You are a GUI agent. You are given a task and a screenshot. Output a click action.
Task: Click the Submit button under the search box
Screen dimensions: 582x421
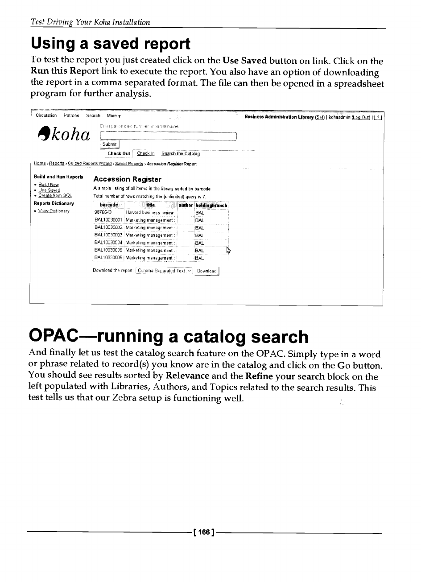109,144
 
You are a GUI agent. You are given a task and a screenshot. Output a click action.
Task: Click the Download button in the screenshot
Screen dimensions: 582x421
206,271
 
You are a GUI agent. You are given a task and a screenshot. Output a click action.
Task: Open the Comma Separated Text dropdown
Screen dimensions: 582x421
165,271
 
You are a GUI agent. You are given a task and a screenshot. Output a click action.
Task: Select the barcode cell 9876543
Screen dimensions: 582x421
103,213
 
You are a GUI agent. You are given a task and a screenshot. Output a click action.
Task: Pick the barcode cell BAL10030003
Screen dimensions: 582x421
109,235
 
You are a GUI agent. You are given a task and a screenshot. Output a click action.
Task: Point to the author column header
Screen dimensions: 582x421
186,205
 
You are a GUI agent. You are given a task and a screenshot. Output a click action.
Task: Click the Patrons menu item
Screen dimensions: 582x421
71,116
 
